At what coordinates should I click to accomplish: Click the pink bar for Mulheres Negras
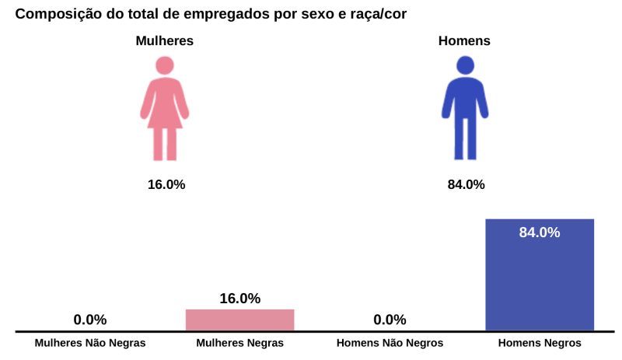pos(239,320)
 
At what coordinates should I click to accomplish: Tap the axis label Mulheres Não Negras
pos(90,343)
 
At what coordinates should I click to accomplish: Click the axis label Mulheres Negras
pos(239,343)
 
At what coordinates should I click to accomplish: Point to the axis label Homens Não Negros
pos(390,343)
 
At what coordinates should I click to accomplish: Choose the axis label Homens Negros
pos(539,343)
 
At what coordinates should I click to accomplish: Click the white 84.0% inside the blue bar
pos(539,232)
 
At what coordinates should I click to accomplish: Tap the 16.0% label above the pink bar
pos(239,299)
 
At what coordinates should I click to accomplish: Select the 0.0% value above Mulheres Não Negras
pos(90,320)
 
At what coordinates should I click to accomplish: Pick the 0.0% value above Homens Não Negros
pos(390,320)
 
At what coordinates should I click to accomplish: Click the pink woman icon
pos(165,109)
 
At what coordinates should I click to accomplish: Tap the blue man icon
pos(464,109)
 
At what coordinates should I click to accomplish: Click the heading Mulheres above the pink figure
pos(165,41)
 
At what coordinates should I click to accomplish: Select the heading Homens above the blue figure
pos(464,41)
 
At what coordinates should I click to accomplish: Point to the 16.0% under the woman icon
pos(166,184)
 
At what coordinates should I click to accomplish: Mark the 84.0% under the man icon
pos(466,184)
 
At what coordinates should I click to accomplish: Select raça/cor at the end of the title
pos(375,14)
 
